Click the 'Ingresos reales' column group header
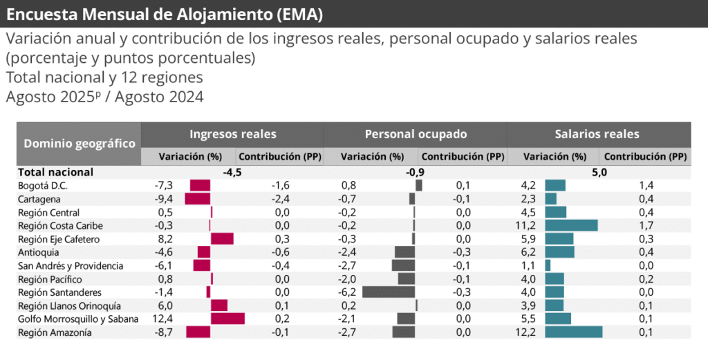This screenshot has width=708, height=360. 232,134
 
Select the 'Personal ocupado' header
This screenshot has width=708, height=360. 416,134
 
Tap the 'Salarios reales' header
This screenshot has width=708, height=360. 597,134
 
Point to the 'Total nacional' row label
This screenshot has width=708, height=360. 55,172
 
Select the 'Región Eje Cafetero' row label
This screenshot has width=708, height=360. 59,239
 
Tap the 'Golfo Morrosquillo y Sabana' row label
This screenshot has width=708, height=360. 78,319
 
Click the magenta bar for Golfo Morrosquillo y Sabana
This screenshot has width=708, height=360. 227,319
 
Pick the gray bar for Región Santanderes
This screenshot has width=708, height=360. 389,292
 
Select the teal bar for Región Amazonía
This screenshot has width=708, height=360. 573,332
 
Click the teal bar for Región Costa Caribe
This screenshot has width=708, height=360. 571,225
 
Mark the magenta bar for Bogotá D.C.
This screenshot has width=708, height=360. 200,185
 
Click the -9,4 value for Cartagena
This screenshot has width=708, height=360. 164,199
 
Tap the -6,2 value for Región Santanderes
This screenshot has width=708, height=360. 347,292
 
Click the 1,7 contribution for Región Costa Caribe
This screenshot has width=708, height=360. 644,225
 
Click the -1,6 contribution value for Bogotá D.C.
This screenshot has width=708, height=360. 279,185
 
